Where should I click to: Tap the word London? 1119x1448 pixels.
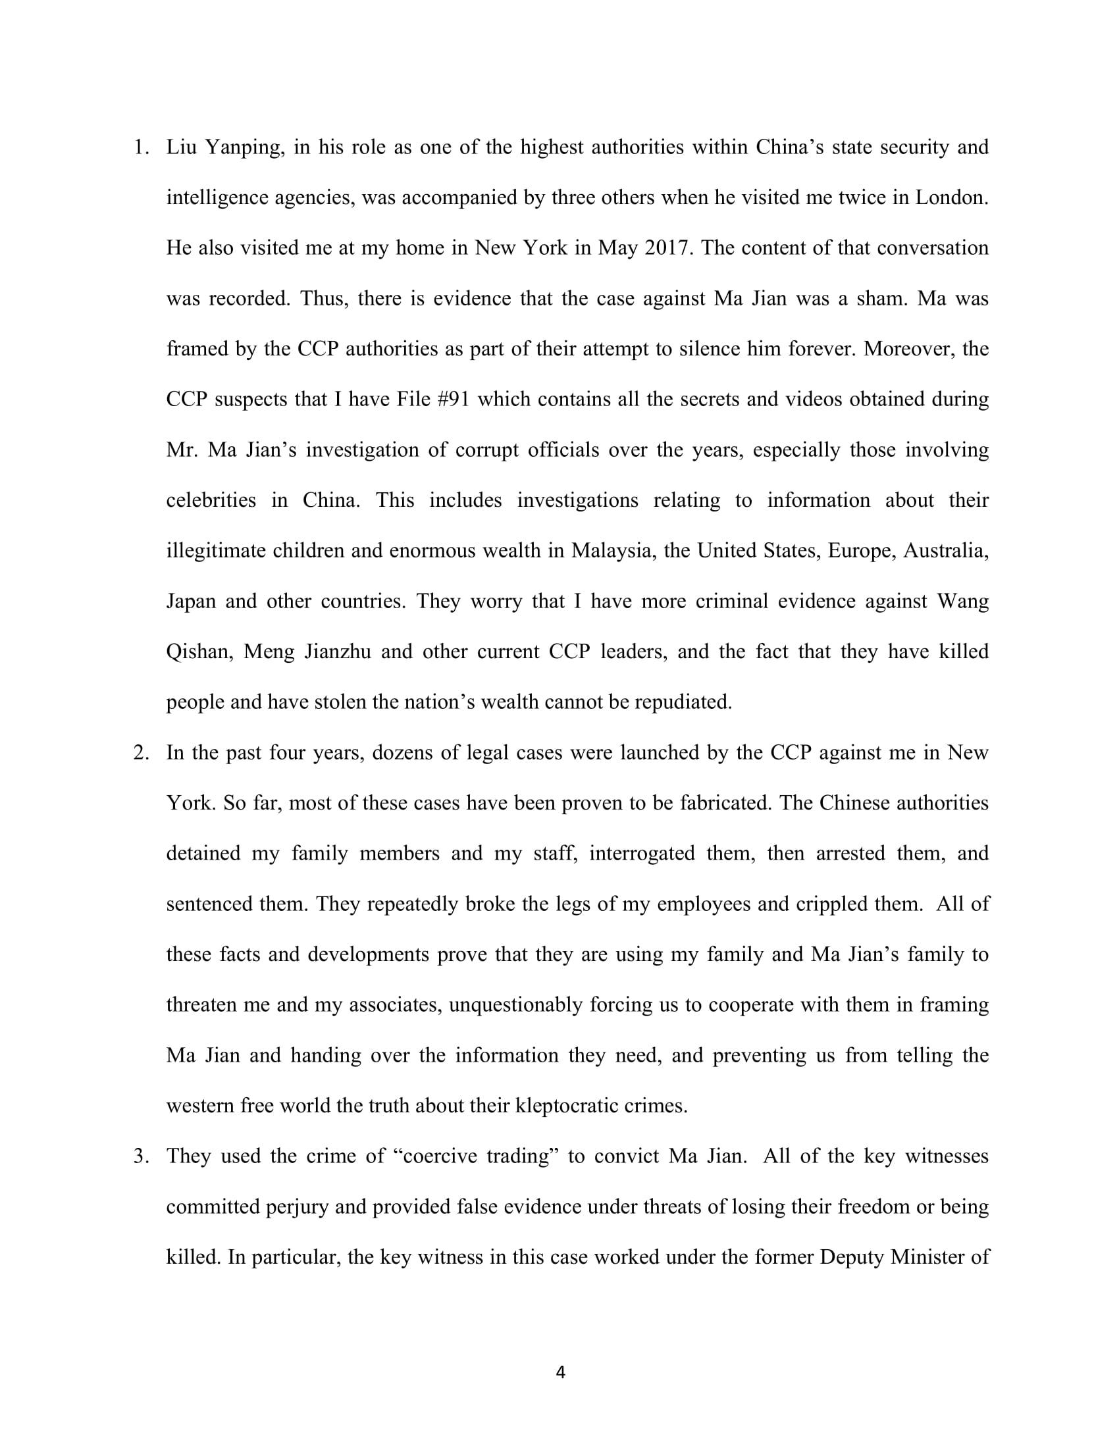(x=951, y=197)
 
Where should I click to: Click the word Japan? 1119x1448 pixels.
(x=191, y=602)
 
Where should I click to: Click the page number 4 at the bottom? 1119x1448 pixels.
(x=560, y=1372)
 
